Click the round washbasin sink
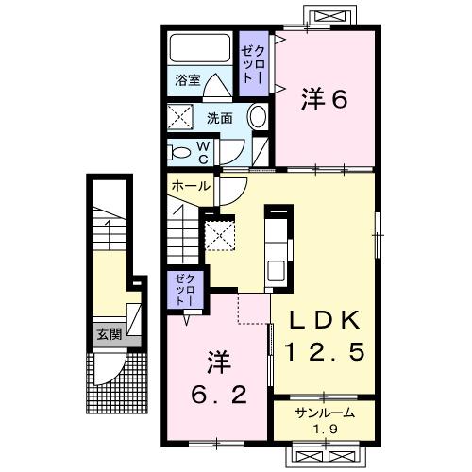(258, 118)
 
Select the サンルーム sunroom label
(323, 412)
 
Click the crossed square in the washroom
(179, 117)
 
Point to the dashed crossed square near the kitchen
(219, 233)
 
